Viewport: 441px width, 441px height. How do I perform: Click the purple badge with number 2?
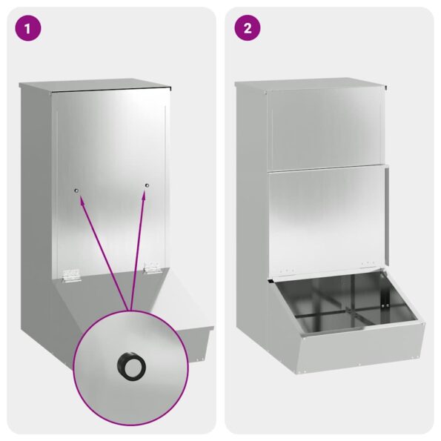click(248, 29)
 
